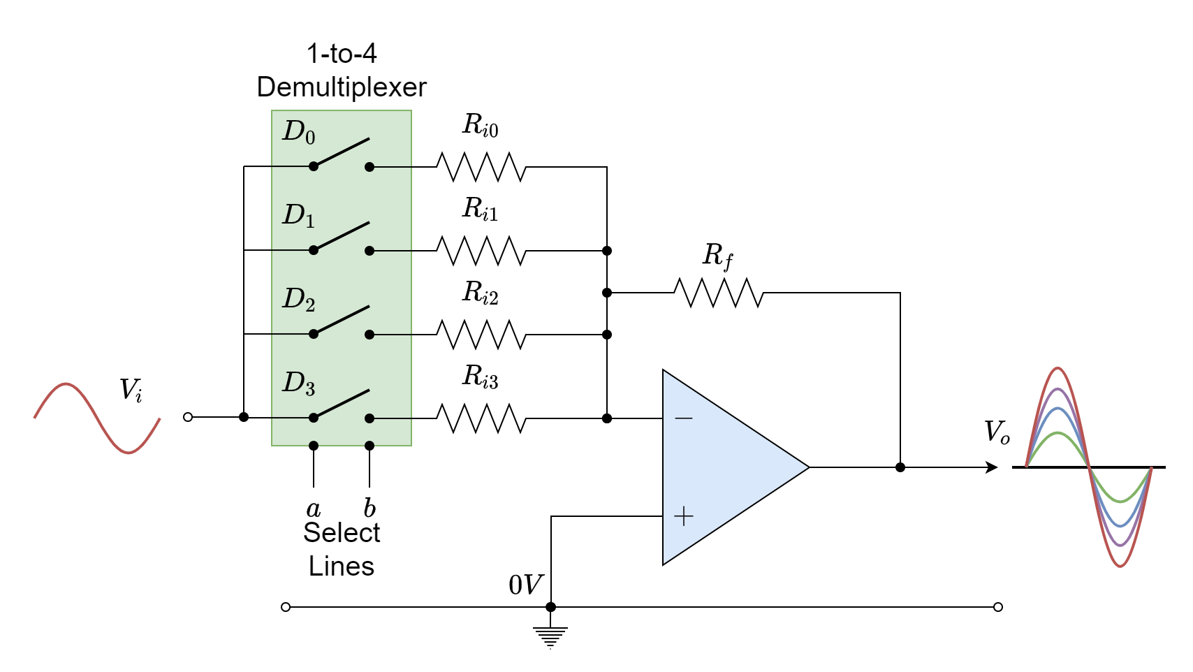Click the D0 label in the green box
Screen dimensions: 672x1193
point(298,132)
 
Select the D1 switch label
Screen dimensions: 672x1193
point(298,216)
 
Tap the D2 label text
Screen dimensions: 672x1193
point(298,300)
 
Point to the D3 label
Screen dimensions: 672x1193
point(298,384)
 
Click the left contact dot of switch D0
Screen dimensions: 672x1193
point(314,166)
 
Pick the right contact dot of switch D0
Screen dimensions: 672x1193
point(369,167)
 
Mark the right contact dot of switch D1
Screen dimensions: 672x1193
point(369,251)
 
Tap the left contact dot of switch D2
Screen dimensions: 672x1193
point(314,334)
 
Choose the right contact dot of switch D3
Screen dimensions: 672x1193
point(369,418)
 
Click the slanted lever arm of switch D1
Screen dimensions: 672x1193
point(342,236)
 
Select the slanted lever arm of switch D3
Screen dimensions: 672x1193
point(342,404)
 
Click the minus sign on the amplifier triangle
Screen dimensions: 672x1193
point(684,418)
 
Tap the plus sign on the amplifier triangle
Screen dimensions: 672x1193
point(684,516)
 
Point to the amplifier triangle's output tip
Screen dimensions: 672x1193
point(807,467)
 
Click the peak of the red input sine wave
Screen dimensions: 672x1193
point(66,384)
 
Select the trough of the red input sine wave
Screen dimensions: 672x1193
point(129,453)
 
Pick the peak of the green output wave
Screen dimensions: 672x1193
point(1058,433)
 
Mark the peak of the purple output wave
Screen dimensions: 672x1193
point(1058,389)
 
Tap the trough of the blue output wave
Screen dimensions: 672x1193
point(1120,525)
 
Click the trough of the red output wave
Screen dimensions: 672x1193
point(1120,566)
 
